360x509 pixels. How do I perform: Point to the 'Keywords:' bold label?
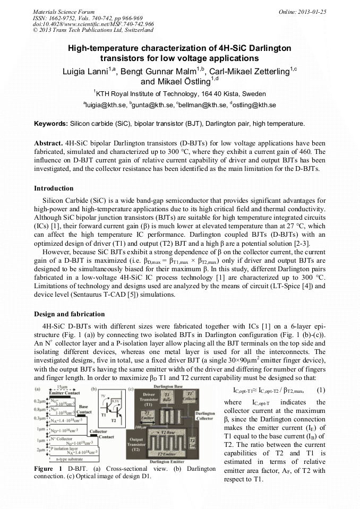(x=51, y=124)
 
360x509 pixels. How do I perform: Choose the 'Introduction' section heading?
(x=54, y=188)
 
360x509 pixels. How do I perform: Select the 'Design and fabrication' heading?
(x=70, y=314)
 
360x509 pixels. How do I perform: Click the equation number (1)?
(x=321, y=389)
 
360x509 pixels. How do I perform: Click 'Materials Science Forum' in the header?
(x=64, y=12)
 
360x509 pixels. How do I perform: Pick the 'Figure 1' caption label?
(x=48, y=469)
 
